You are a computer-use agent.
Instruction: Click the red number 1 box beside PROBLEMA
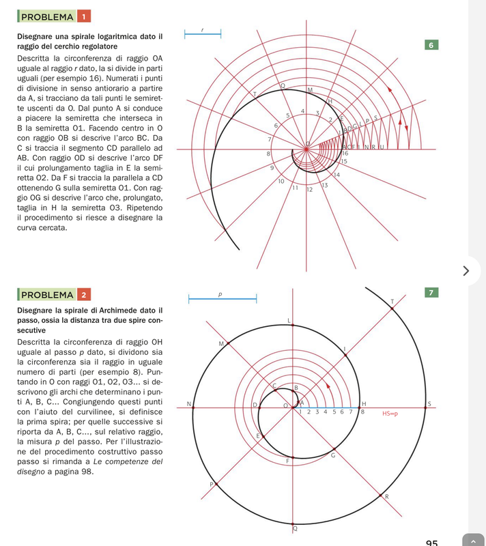(x=83, y=16)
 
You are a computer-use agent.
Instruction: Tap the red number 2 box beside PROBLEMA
(x=83, y=295)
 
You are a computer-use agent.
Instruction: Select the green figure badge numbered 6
(x=431, y=45)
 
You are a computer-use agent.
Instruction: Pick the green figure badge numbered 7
(x=431, y=293)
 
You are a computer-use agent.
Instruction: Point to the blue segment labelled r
(x=203, y=37)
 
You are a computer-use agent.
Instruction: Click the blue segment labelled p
(x=222, y=299)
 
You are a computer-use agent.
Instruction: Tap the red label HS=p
(x=390, y=413)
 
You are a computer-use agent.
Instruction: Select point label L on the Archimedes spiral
(x=289, y=320)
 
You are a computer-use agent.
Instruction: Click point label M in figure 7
(x=220, y=343)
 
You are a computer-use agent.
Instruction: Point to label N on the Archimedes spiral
(x=188, y=404)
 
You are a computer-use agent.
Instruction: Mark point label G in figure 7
(x=332, y=455)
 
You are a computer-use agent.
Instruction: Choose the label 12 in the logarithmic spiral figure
(x=309, y=189)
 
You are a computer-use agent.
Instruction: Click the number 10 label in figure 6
(x=281, y=181)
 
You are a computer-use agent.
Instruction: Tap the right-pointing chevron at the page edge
(x=466, y=271)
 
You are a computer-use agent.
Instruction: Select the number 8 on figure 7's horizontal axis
(x=362, y=412)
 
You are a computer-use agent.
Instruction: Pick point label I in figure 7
(x=345, y=349)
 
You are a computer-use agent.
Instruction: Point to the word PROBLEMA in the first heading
(x=47, y=16)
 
